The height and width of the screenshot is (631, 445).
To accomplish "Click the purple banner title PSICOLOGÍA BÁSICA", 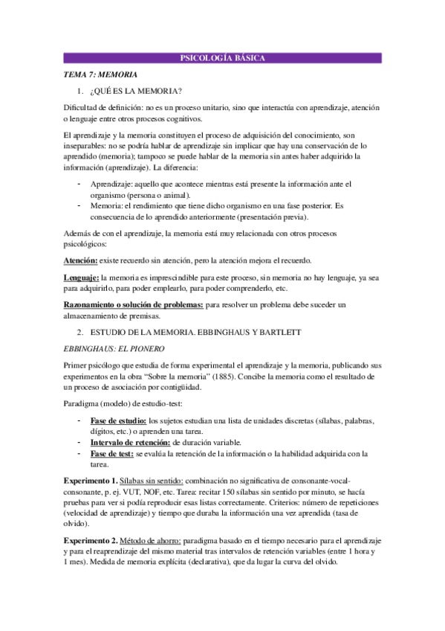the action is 223,59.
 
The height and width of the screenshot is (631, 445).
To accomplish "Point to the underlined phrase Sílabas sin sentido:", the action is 154,481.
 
